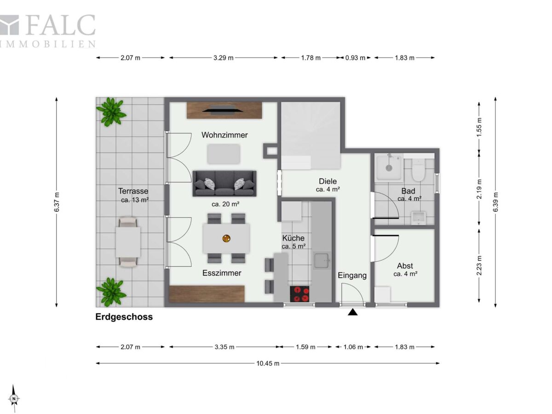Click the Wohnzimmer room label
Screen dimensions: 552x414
click(224, 135)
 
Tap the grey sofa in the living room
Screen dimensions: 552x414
click(224, 184)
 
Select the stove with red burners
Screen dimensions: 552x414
click(299, 294)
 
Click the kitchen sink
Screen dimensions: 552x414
click(322, 261)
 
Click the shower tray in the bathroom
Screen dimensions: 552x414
click(389, 167)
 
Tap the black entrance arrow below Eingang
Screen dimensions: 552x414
click(352, 312)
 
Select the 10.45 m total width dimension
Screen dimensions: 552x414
click(268, 363)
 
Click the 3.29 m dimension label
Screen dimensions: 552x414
click(223, 58)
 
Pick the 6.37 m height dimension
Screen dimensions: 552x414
click(57, 202)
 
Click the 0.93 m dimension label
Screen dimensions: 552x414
click(355, 58)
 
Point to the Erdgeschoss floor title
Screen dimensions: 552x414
click(124, 317)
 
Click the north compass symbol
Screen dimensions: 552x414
click(14, 398)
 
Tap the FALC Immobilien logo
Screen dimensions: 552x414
click(47, 31)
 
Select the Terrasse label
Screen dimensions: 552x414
click(133, 191)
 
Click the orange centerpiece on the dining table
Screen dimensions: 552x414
click(226, 238)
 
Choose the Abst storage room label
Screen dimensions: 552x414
click(405, 266)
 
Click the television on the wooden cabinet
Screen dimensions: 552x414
click(223, 110)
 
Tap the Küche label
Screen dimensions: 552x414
click(293, 238)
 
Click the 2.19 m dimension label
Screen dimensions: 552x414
click(479, 189)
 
